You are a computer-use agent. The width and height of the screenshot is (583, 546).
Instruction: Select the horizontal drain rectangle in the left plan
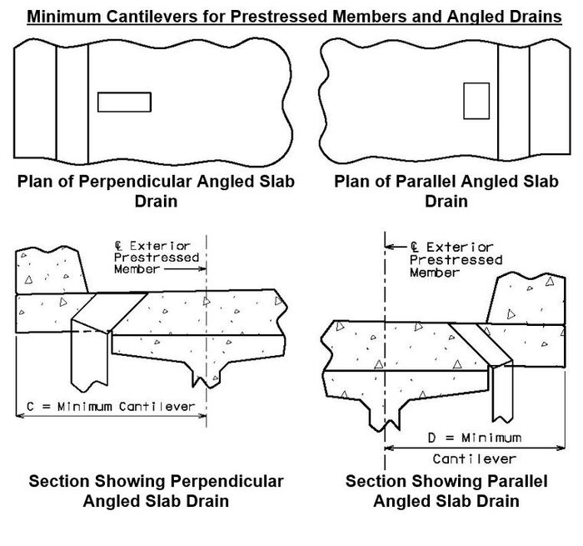[x=124, y=102]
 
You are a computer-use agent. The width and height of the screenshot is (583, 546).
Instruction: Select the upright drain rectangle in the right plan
[x=476, y=101]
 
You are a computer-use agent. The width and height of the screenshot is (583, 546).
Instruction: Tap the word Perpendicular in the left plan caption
[x=136, y=182]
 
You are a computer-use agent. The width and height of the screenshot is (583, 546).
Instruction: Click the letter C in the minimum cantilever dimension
[x=30, y=407]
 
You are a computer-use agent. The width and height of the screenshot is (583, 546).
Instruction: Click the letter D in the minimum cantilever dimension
[x=431, y=438]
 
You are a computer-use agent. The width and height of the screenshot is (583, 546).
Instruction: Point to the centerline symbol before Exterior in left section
[x=118, y=246]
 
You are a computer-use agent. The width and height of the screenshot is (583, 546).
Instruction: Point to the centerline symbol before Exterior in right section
[x=415, y=247]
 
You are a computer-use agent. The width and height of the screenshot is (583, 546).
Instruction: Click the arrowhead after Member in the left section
[x=203, y=268]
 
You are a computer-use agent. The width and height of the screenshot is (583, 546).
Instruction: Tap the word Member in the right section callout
[x=435, y=273]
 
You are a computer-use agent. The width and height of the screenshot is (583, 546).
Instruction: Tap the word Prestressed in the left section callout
[x=157, y=258]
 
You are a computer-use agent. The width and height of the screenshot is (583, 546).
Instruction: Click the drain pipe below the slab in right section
[x=503, y=392]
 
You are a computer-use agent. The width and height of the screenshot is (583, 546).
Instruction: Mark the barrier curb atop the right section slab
[x=526, y=298]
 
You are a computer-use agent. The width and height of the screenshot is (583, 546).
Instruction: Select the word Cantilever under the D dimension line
[x=475, y=459]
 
